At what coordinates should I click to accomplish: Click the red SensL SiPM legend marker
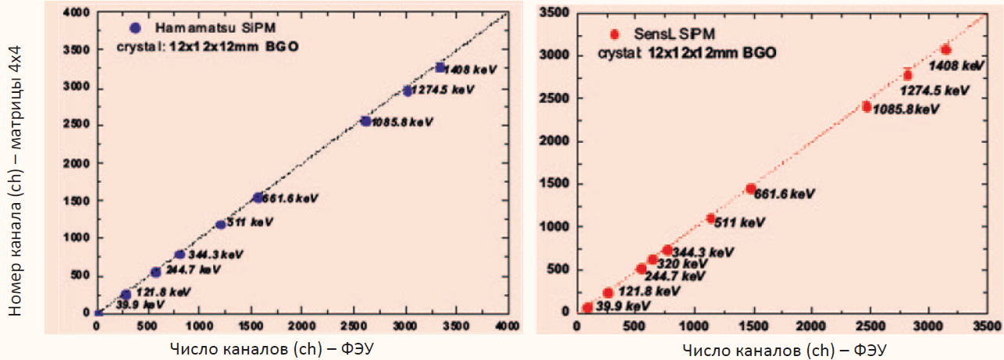point(614,34)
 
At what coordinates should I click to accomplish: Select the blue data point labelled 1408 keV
point(440,67)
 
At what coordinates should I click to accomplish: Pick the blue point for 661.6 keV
point(258,198)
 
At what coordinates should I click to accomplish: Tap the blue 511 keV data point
point(221,225)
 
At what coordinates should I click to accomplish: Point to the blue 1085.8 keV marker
point(365,121)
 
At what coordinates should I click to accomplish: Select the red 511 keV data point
point(710,219)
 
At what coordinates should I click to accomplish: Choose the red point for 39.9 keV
point(588,308)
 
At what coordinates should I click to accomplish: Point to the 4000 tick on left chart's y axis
point(77,13)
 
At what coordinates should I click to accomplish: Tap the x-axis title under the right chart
point(785,348)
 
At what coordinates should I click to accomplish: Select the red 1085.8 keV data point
point(867,107)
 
